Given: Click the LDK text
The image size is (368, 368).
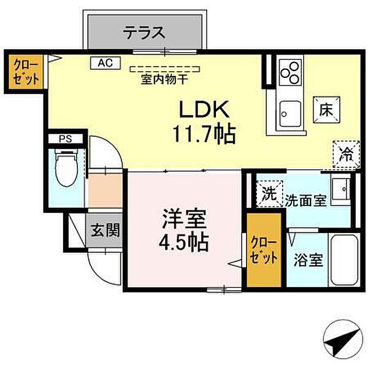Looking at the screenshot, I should click(x=204, y=110).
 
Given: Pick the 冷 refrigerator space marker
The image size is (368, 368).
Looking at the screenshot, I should click(x=346, y=153).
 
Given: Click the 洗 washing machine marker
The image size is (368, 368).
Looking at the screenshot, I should click(x=268, y=194).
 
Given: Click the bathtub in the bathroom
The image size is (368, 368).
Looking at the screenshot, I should click(x=341, y=260).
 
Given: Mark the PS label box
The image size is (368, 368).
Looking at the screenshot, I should click(x=65, y=139).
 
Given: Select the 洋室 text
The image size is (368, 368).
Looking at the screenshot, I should click(x=184, y=218).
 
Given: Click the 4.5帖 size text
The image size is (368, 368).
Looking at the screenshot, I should click(x=185, y=242).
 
